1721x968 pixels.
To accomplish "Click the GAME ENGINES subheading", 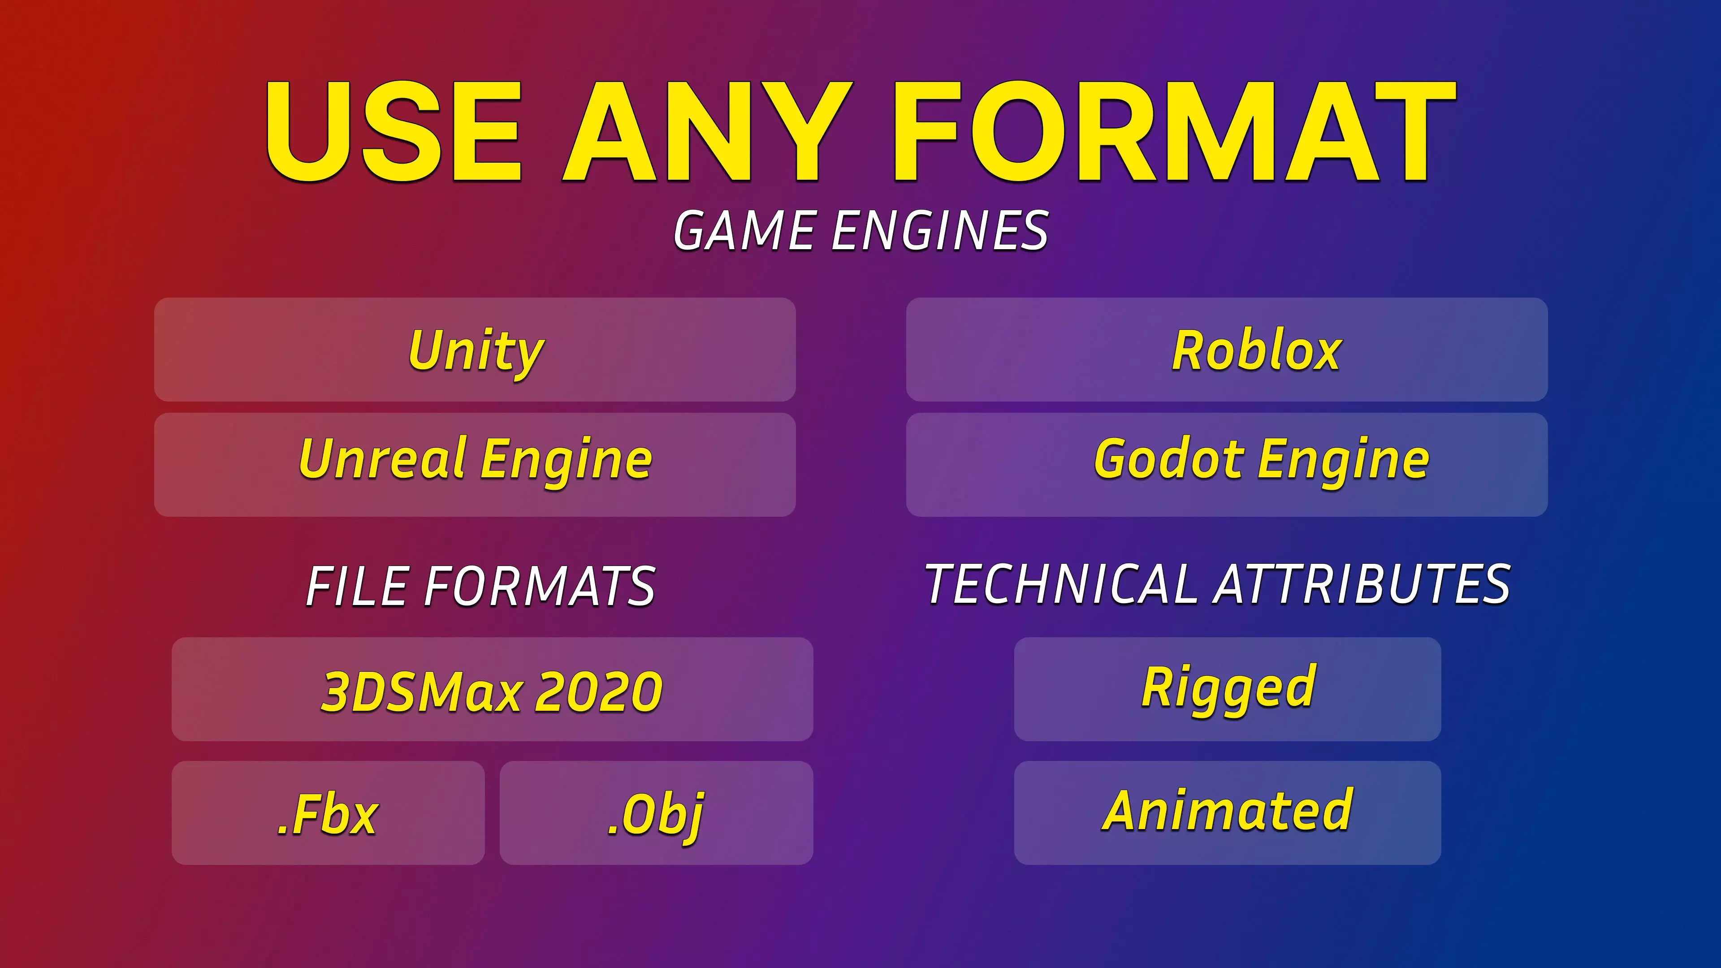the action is pos(860,230).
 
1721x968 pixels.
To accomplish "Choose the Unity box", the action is pos(475,350).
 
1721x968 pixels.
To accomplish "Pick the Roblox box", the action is pos(1227,350).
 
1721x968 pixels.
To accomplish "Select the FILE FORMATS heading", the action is pos(480,586).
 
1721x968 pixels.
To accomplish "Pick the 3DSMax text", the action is pos(422,691).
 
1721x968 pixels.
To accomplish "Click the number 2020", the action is pos(599,691).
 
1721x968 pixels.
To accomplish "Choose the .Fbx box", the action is pos(328,813).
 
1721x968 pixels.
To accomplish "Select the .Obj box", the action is pos(656,813).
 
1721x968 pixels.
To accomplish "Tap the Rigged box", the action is pos(1227,689).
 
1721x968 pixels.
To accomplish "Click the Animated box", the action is pos(1227,813).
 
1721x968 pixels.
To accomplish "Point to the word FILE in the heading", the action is pos(357,586).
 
